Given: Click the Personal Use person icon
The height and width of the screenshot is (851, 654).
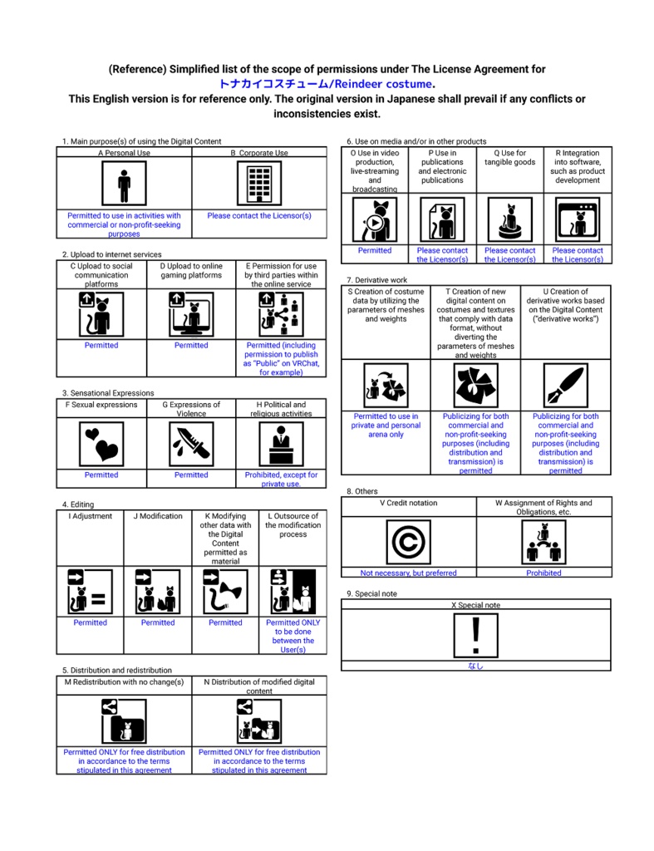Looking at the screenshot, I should tap(124, 183).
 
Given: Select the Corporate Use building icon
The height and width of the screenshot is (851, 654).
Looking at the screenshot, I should tap(259, 183).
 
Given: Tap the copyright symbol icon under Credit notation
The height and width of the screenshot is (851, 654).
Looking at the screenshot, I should tap(408, 542).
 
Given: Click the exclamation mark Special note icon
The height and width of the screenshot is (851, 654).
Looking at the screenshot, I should tap(475, 636).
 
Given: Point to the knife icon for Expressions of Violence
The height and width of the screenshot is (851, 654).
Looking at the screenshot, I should tap(191, 445).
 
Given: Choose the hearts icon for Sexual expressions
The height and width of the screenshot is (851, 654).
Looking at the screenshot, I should tap(101, 445).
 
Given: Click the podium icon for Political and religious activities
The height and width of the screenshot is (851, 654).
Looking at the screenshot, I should tap(281, 445).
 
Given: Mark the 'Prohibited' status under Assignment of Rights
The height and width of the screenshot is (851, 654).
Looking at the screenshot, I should tap(543, 573).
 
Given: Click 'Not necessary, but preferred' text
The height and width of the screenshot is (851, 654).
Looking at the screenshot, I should tap(408, 573).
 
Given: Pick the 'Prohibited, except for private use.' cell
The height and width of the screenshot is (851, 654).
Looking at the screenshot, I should tap(281, 480).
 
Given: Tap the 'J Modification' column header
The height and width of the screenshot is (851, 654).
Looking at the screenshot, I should tap(158, 516).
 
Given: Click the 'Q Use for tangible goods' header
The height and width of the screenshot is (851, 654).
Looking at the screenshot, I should tap(510, 158).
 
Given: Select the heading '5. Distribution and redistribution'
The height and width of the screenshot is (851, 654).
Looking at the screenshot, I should tap(116, 670).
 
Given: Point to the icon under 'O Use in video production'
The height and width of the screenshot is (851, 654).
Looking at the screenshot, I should tap(375, 219).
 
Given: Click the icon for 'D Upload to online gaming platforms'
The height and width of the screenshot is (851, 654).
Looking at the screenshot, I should tap(191, 315).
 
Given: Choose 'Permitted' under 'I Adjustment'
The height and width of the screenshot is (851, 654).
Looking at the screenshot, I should tap(90, 622).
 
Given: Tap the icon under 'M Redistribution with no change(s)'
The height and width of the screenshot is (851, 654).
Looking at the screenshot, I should tap(124, 721).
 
